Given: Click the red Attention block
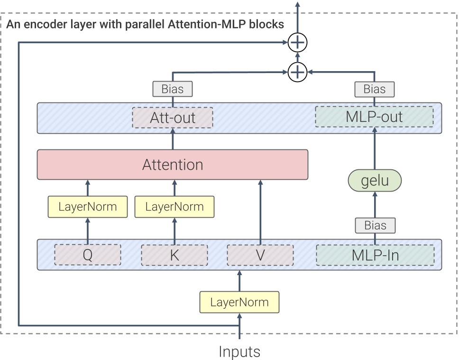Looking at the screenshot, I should click(173, 165).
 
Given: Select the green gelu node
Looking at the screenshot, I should click(375, 181).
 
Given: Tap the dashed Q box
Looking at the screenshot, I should click(88, 255).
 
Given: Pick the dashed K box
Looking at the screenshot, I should click(174, 255).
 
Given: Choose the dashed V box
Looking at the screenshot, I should click(260, 255).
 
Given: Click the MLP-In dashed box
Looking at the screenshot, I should click(375, 255).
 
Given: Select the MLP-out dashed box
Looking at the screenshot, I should click(375, 117).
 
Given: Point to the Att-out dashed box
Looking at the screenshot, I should click(173, 118).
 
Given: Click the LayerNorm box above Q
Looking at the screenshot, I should click(88, 207).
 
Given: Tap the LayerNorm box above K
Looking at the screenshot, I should click(174, 207).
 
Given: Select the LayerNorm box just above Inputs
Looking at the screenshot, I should click(239, 302).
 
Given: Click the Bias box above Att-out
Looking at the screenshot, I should click(173, 89).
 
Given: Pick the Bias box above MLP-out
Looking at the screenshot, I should click(375, 89).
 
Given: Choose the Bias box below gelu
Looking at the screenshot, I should click(375, 225).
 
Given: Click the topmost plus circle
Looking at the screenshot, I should click(298, 43).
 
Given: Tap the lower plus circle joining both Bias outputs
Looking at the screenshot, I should click(298, 72).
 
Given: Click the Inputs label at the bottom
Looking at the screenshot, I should click(239, 351).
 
